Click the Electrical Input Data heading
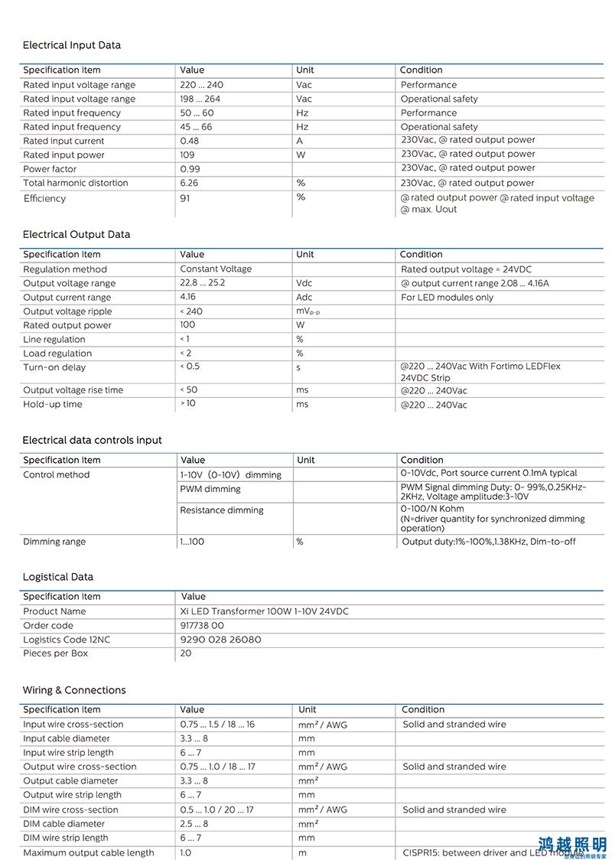point(71,45)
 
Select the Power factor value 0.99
point(190,169)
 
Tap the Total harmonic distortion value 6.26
point(189,183)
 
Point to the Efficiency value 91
point(185,198)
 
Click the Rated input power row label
point(63,155)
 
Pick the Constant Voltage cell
point(216,269)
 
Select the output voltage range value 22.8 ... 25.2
point(202,283)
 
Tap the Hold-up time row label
point(52,404)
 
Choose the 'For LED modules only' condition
point(447,298)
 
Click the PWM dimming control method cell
point(210,489)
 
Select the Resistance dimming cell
point(221,510)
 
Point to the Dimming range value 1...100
point(192,542)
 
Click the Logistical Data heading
point(57,577)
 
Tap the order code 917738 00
point(202,625)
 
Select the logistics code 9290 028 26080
point(220,640)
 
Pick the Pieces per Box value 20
point(186,653)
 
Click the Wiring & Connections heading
point(73,690)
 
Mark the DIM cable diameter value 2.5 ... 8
point(194,824)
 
